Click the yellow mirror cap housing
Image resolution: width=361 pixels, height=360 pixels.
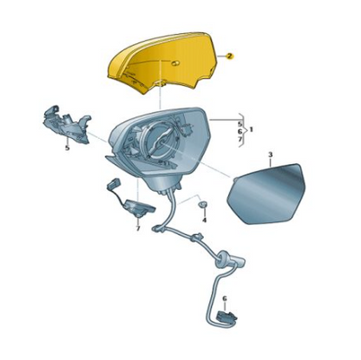click(x=162, y=63)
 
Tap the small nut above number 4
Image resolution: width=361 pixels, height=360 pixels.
click(x=203, y=205)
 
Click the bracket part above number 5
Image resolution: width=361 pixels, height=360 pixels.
click(x=67, y=124)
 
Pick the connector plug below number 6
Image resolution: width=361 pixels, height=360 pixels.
click(x=227, y=316)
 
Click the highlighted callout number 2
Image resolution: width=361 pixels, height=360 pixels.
click(x=229, y=56)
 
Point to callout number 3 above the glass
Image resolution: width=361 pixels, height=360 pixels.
click(x=270, y=155)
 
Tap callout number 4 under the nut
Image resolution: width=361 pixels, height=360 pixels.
click(x=205, y=220)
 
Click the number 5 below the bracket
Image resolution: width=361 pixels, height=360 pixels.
click(x=67, y=148)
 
